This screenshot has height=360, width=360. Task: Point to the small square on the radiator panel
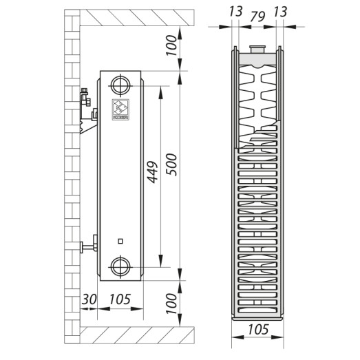120,241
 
